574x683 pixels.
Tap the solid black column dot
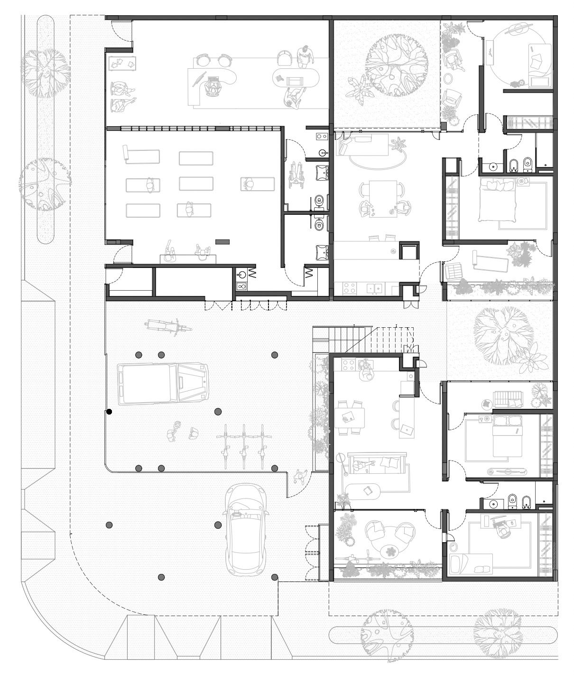[x=109, y=412]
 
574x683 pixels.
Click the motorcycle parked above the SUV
[x=169, y=327]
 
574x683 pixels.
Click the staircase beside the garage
[x=366, y=339]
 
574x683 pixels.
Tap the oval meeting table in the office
[x=295, y=77]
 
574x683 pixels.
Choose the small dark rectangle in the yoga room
[x=222, y=242]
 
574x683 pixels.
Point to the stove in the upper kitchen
[x=350, y=287]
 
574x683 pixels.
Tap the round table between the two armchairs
[x=390, y=552]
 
